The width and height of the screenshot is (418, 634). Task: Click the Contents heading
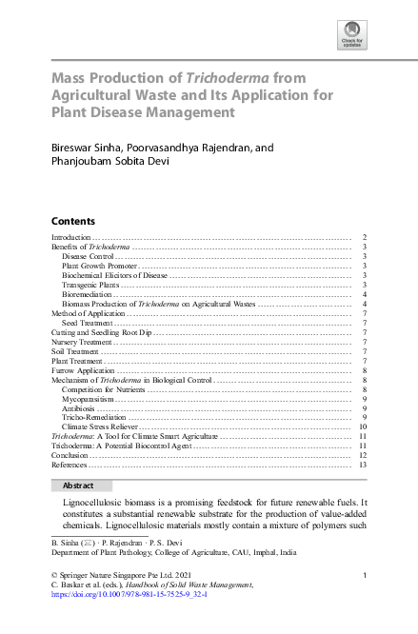(x=72, y=220)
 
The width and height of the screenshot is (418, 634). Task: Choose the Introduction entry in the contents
(x=70, y=236)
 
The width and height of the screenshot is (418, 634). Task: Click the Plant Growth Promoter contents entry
(x=94, y=266)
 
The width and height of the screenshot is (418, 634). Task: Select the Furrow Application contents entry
(x=82, y=370)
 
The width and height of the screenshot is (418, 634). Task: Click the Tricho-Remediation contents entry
(x=93, y=418)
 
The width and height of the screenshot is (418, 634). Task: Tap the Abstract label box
(x=78, y=485)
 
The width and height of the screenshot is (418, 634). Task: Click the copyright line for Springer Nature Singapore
(x=122, y=575)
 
